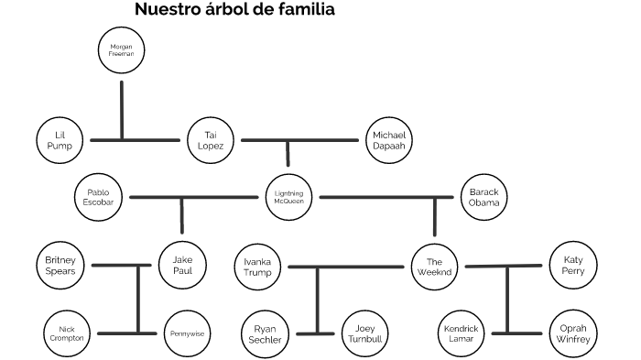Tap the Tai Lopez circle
click(x=212, y=139)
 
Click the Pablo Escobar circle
click(x=99, y=197)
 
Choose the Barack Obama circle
click(x=484, y=197)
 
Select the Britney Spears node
click(x=60, y=265)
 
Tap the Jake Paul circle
click(x=182, y=265)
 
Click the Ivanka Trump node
click(x=257, y=267)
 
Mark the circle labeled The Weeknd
click(x=435, y=267)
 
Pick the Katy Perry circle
click(x=573, y=267)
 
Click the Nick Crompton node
click(x=66, y=333)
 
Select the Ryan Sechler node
click(x=266, y=333)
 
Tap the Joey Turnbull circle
click(x=364, y=333)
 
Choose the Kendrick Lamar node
click(x=461, y=333)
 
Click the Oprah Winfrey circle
click(x=573, y=333)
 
